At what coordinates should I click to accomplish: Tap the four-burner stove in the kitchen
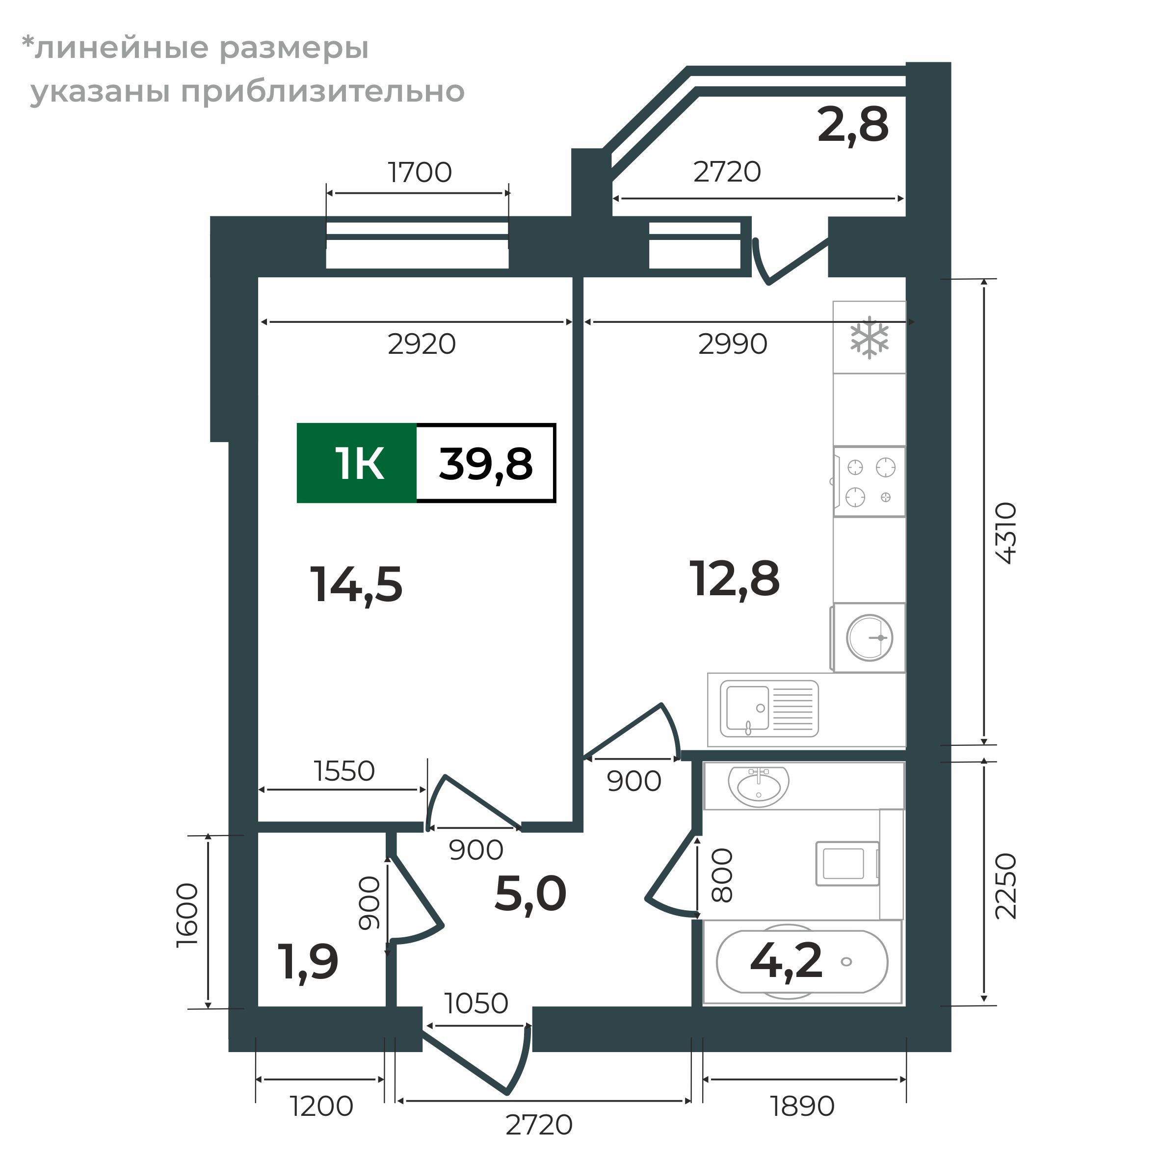point(870,481)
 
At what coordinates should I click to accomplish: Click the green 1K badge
point(356,463)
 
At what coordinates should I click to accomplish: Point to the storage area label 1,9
point(308,962)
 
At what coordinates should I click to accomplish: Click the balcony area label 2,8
point(852,126)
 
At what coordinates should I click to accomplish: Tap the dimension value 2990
point(733,344)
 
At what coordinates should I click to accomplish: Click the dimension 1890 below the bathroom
point(802,1107)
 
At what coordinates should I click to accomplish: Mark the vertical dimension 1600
point(187,916)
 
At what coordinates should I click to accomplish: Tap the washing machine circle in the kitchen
point(869,637)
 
